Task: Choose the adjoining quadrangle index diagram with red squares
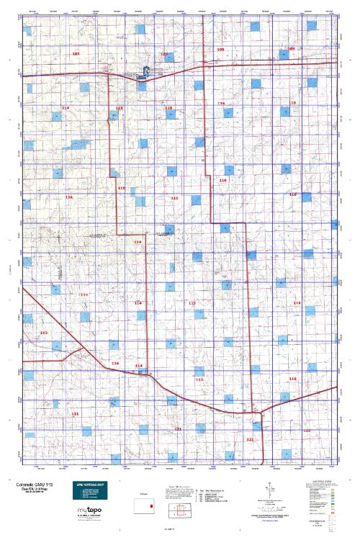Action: click(179, 510)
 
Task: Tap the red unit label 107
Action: click(76, 54)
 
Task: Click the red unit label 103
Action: click(44, 333)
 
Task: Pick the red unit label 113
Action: click(119, 108)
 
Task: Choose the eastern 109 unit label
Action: click(291, 49)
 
